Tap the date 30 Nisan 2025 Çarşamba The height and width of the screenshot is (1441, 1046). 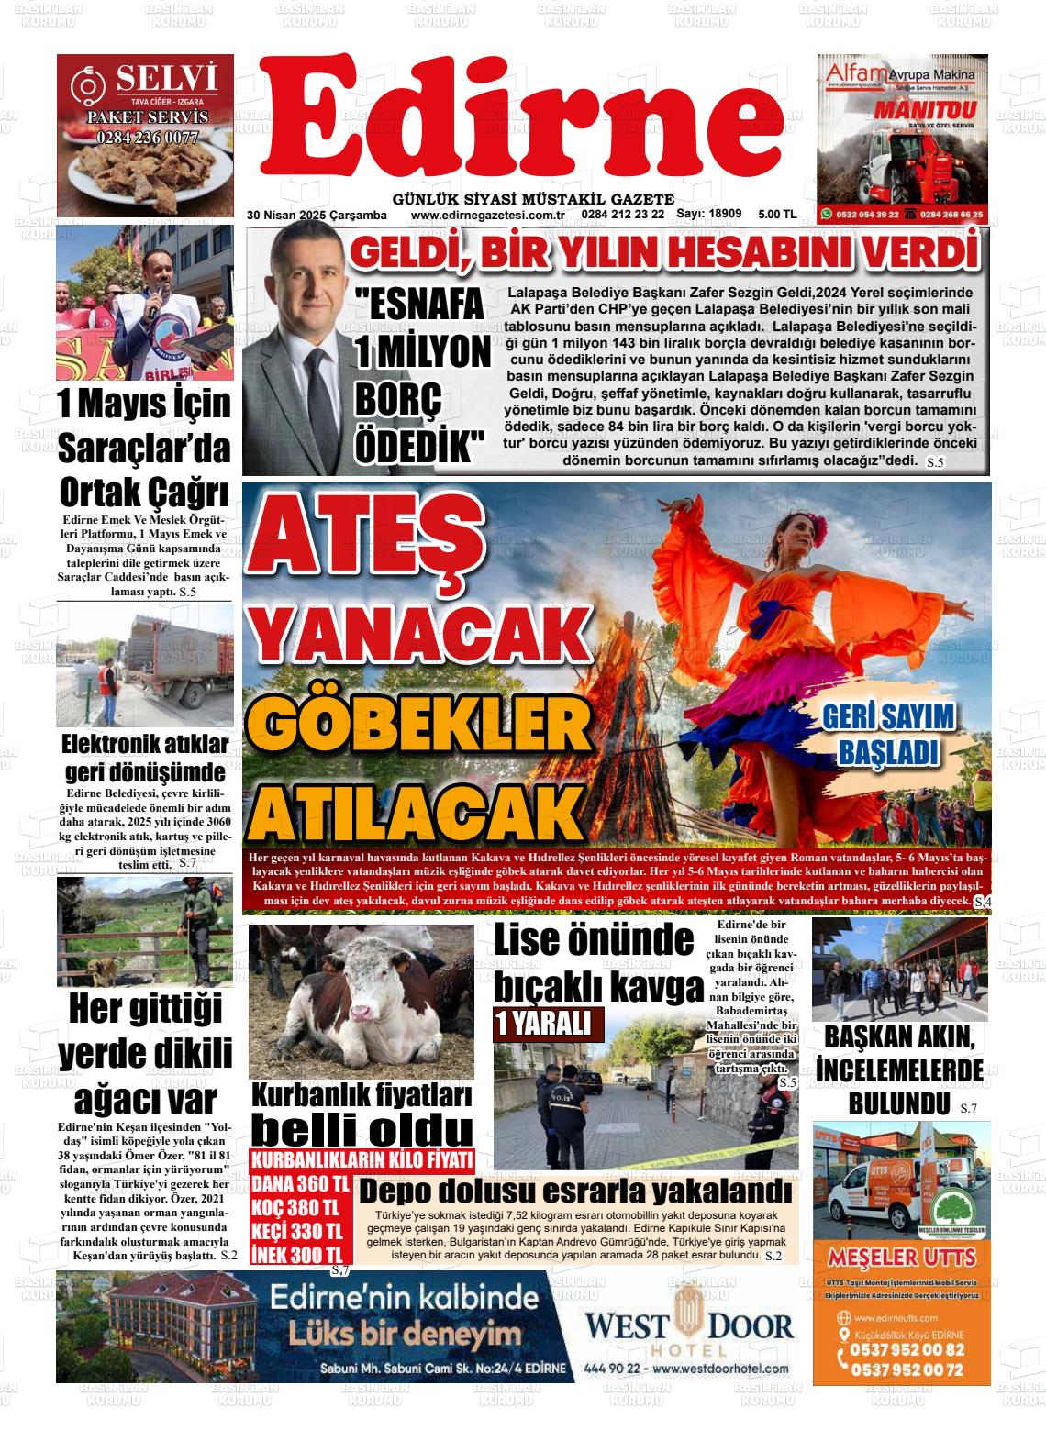click(317, 215)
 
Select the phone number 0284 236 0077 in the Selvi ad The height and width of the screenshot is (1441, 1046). click(147, 138)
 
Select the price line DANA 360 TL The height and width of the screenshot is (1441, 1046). click(300, 1183)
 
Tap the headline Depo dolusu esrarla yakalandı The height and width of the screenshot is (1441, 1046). click(574, 1192)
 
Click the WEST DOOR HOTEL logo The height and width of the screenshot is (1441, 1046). click(688, 1326)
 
